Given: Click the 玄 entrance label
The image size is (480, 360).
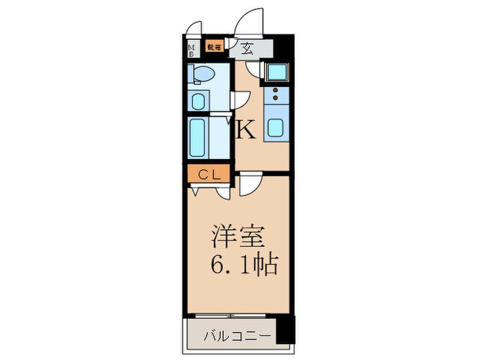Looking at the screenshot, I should [246, 49].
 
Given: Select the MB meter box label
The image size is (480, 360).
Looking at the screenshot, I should [193, 49].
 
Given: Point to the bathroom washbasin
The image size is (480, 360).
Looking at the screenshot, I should [198, 101].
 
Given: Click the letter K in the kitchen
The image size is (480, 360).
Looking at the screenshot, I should [247, 130].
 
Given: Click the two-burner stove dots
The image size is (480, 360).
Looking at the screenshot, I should [276, 96].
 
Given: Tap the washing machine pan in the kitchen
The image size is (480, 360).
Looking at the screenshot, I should [276, 72].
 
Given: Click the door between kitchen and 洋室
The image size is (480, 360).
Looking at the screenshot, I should [250, 185].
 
